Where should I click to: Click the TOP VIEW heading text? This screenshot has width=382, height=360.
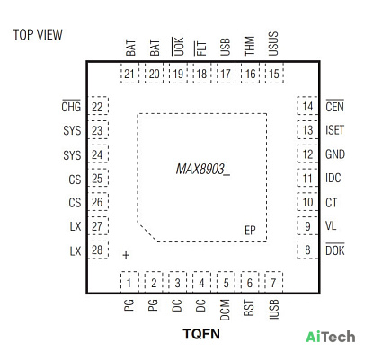[38, 35]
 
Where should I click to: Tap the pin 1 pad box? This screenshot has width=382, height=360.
[129, 282]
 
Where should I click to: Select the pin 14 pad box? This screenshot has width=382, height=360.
[307, 106]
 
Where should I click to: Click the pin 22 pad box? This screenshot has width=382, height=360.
[98, 106]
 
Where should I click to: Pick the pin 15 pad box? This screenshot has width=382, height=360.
[274, 74]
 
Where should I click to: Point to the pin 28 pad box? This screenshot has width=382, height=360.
[98, 250]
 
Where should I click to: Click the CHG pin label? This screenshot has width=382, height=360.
[71, 106]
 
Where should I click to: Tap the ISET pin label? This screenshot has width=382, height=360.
[335, 130]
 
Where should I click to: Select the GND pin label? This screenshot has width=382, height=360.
[335, 154]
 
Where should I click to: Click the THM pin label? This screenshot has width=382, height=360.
[250, 46]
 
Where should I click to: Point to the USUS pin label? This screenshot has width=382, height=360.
[273, 44]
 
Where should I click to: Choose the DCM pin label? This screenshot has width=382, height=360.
[225, 310]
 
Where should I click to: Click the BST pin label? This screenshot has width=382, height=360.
[249, 308]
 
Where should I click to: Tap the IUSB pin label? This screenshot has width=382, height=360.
[274, 310]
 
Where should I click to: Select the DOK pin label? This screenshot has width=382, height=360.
[335, 250]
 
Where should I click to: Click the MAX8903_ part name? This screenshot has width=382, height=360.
[203, 170]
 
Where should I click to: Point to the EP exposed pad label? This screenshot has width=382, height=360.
[250, 231]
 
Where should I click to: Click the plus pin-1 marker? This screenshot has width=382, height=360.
[126, 255]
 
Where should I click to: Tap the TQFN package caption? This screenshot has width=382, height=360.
[201, 334]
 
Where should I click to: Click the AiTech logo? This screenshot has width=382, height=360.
[331, 337]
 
